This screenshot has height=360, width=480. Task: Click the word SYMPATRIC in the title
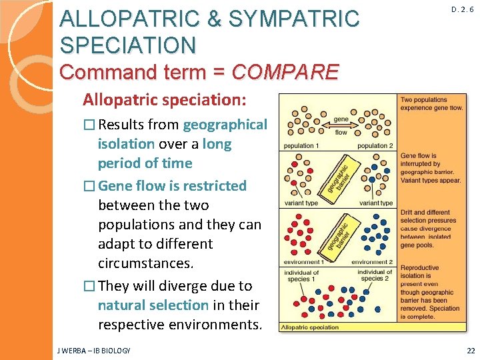[x=293, y=19]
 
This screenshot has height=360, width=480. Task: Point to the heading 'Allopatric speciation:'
[x=164, y=100]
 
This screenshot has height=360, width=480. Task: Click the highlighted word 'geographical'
[x=225, y=125]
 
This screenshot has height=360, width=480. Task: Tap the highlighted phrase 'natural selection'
[x=153, y=305]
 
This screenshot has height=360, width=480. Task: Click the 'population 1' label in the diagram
[x=302, y=145]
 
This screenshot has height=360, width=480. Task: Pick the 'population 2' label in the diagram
[x=375, y=145]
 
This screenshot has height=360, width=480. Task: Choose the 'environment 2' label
[x=373, y=262]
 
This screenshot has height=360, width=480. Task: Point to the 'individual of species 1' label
[x=301, y=275]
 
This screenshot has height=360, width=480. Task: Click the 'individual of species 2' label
[x=375, y=275]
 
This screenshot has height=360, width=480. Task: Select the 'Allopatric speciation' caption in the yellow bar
[x=310, y=327]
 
